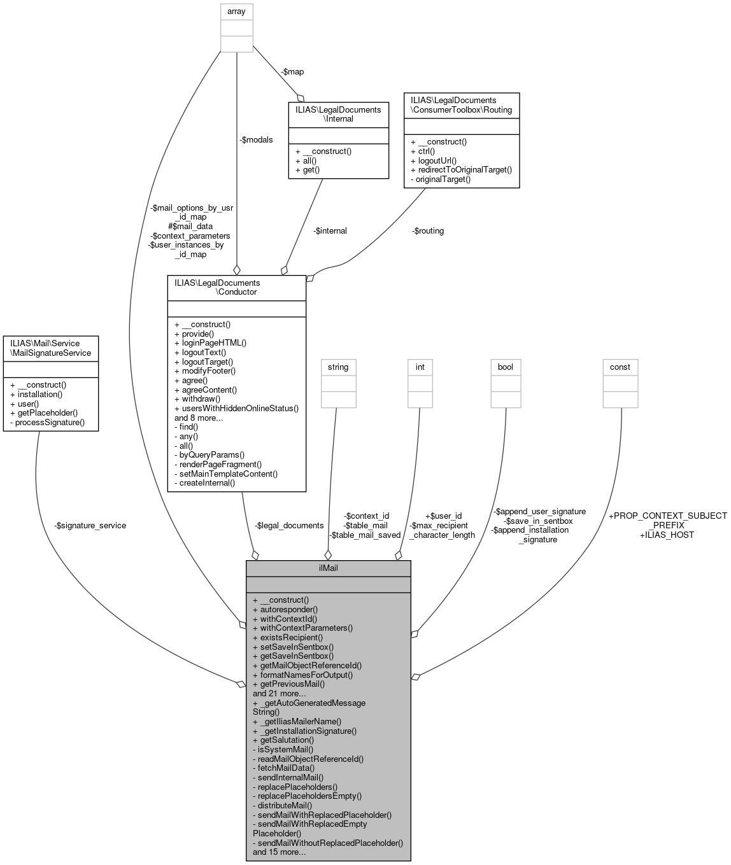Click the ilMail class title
tap(328, 568)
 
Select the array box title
tap(236, 11)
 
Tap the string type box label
tap(338, 367)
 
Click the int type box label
tap(420, 367)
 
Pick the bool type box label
tap(506, 367)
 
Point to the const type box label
tap(620, 367)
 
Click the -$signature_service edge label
tap(90, 526)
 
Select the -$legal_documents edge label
tap(289, 526)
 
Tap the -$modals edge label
tap(256, 140)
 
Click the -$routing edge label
tap(428, 231)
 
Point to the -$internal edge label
tap(330, 231)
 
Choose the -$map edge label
tap(292, 72)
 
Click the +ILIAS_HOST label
tap(667, 535)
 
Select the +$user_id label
tap(443, 516)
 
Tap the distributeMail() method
tap(282, 805)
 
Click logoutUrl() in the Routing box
tap(434, 161)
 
